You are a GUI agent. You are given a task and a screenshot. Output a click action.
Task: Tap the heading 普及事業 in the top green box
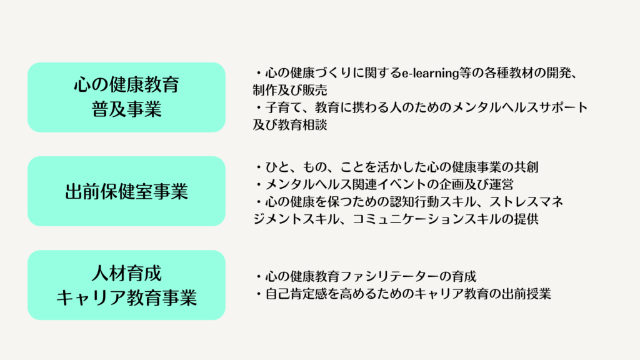(126, 109)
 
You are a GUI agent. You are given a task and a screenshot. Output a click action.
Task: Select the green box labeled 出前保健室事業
(126, 191)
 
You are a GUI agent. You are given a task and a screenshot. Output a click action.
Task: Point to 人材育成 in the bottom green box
(126, 273)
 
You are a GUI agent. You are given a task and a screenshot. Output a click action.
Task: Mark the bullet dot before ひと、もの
(259, 167)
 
